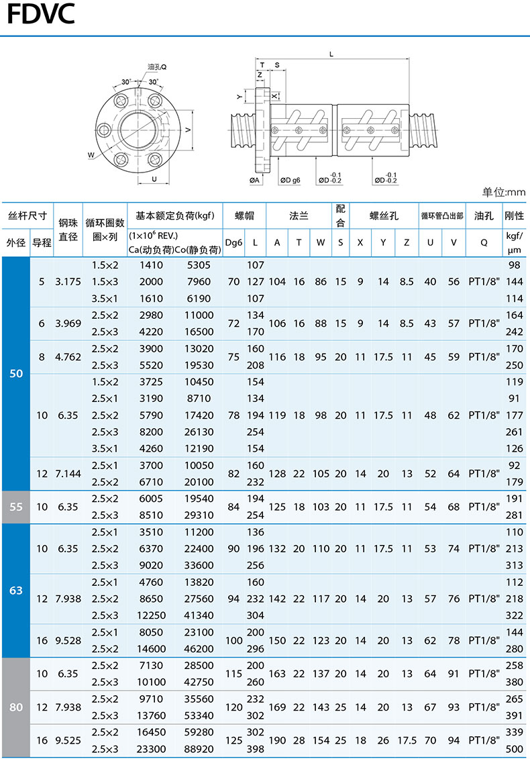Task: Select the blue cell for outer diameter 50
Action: [x=16, y=373]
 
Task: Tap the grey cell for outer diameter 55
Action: [x=16, y=507]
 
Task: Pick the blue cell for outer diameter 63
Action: [x=16, y=591]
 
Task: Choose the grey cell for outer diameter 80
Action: [x=16, y=707]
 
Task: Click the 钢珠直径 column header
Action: [x=68, y=229]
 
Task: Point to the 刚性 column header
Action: [x=514, y=215]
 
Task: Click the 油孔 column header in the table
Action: [x=484, y=215]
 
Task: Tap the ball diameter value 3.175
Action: [x=68, y=282]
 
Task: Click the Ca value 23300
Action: [x=150, y=749]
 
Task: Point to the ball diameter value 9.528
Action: [x=68, y=640]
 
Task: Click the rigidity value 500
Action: [x=515, y=749]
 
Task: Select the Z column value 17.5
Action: [x=406, y=741]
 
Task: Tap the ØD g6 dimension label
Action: [x=290, y=180]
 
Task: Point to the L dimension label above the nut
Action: [x=331, y=54]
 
